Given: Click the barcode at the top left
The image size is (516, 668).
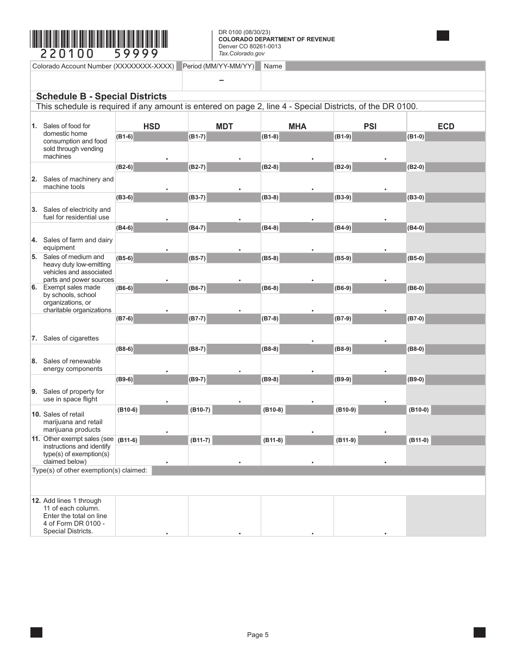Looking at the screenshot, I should [x=99, y=39].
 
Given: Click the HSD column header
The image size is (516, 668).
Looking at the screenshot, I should [x=152, y=127].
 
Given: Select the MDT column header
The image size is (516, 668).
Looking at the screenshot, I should [x=224, y=127].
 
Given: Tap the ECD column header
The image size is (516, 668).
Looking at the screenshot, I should [x=446, y=127].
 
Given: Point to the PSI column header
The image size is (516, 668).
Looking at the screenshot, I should [x=370, y=127].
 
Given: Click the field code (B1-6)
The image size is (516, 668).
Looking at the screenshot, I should [x=124, y=137].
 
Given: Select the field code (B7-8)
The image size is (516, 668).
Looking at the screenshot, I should [x=270, y=319].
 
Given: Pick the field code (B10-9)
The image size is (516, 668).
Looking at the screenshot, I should [x=345, y=410].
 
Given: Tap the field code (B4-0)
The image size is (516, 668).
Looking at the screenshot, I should [x=416, y=228].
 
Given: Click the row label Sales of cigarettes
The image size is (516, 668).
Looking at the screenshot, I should [x=71, y=338].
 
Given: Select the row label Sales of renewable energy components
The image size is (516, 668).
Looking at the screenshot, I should [x=72, y=365].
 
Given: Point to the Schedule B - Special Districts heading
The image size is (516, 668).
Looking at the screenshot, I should [x=101, y=97].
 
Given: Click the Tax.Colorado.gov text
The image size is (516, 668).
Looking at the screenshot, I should [x=241, y=53].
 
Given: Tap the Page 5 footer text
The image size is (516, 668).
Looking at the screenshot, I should [x=257, y=635].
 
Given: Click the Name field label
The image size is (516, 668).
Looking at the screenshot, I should [x=273, y=66].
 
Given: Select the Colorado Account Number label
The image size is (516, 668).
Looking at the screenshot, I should [x=103, y=66].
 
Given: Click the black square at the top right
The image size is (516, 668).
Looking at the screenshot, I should [x=443, y=36].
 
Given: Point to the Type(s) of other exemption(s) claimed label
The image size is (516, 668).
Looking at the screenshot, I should [x=90, y=470].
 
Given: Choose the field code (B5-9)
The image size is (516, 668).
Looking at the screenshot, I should [x=343, y=259].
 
